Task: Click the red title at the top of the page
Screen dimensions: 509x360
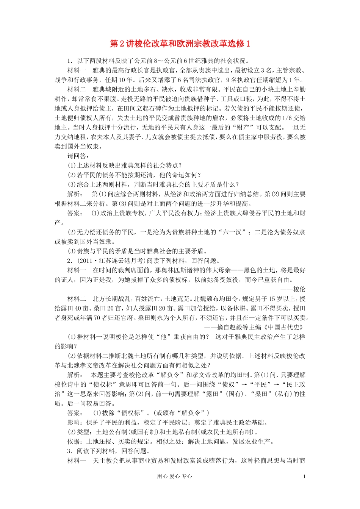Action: [180, 44]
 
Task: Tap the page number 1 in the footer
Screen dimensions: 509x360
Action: [304, 476]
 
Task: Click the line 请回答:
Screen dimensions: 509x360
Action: [78, 156]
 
